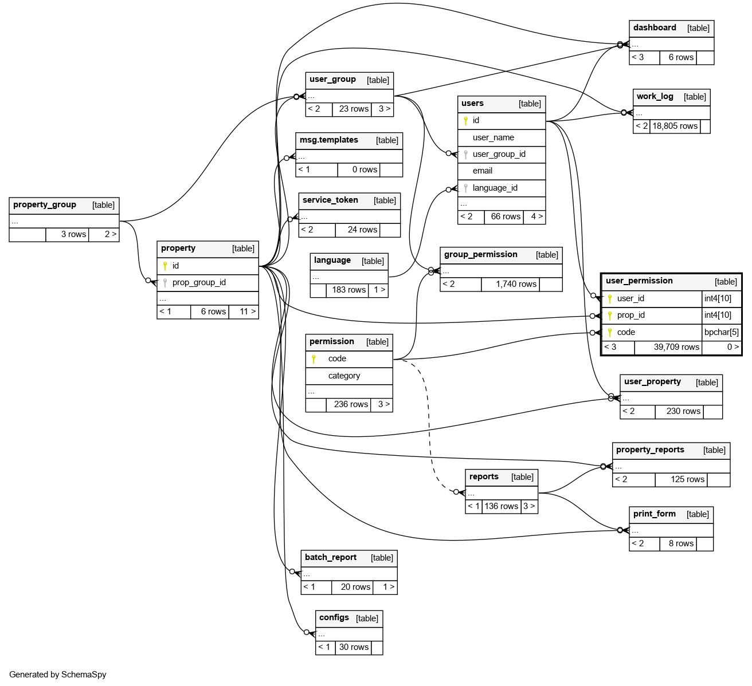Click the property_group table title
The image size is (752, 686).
pyautogui.click(x=45, y=205)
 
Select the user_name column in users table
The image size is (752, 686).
pyautogui.click(x=493, y=137)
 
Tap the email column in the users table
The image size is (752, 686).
pyautogui.click(x=482, y=171)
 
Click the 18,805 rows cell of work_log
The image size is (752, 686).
pyautogui.click(x=675, y=126)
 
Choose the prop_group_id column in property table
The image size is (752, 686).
pyautogui.click(x=199, y=282)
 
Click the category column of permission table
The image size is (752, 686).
pyautogui.click(x=344, y=376)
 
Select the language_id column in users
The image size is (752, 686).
pyautogui.click(x=495, y=188)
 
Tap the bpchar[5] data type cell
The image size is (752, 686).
pyautogui.click(x=722, y=332)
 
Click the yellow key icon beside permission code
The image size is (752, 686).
pyautogui.click(x=314, y=359)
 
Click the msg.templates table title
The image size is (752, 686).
pyautogui.click(x=329, y=140)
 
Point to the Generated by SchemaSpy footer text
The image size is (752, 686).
pyautogui.click(x=58, y=675)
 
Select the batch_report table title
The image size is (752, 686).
pyautogui.click(x=331, y=558)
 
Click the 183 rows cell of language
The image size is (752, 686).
pyautogui.click(x=348, y=290)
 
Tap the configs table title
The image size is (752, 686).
pyautogui.click(x=334, y=618)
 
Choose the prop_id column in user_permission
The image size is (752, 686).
pyautogui.click(x=630, y=315)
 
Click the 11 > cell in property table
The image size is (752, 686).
pyautogui.click(x=248, y=312)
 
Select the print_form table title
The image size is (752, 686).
pyautogui.click(x=655, y=514)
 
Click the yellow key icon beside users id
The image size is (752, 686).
pyautogui.click(x=465, y=121)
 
